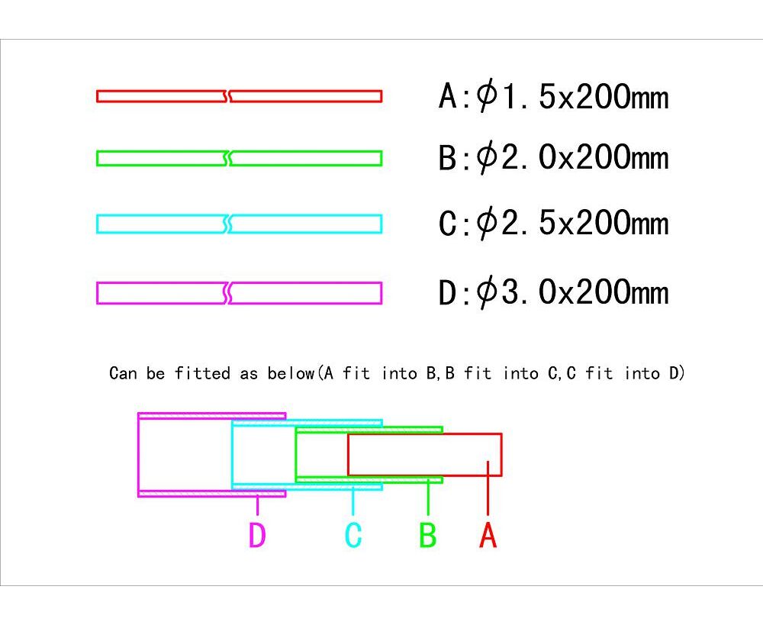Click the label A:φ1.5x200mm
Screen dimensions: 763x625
(x=553, y=96)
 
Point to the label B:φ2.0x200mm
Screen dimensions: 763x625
(x=553, y=157)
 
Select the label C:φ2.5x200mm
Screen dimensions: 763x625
(x=553, y=223)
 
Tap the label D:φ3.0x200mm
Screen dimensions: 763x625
(x=553, y=292)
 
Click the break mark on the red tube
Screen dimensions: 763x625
(x=227, y=96)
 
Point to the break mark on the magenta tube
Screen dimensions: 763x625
(x=227, y=293)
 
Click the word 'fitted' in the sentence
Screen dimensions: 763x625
(x=202, y=373)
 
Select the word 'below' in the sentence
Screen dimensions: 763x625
(x=291, y=373)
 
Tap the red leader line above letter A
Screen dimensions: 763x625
(x=488, y=488)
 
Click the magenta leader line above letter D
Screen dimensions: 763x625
(x=257, y=504)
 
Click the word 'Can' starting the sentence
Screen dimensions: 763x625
(x=123, y=373)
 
